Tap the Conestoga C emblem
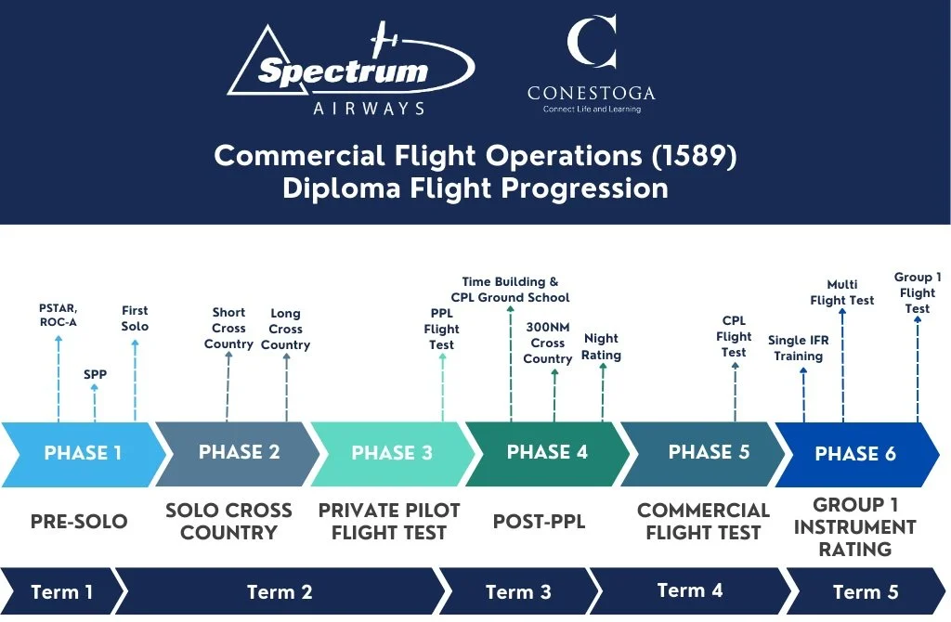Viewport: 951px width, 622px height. [x=592, y=43]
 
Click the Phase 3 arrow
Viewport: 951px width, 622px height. [x=391, y=454]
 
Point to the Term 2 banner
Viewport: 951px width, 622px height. [x=279, y=591]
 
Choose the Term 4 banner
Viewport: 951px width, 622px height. [x=689, y=590]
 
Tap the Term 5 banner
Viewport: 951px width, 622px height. [x=864, y=591]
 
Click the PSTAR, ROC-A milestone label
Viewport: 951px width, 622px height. [x=59, y=314]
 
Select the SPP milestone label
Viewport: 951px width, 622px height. [x=95, y=375]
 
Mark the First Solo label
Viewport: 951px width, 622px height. [x=135, y=318]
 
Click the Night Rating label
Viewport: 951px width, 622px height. [x=602, y=347]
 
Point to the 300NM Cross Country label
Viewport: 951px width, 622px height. [x=548, y=343]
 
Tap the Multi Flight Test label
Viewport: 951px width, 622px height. [x=841, y=292]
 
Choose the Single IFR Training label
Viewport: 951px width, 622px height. [x=799, y=348]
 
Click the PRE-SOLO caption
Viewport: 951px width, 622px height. [x=78, y=522]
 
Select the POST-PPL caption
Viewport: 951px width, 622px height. [x=540, y=522]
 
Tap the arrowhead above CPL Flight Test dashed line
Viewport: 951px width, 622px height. [x=734, y=367]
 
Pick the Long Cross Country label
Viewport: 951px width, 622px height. [x=285, y=330]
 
